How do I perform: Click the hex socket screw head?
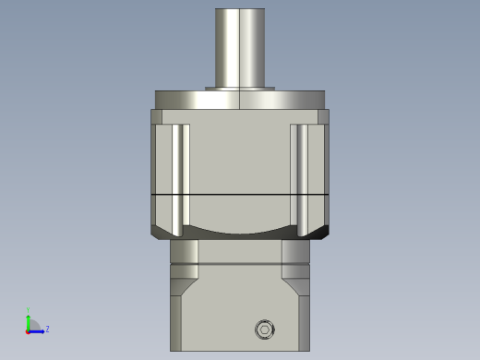click(265, 330)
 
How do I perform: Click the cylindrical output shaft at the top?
click(240, 46)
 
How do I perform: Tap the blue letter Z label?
click(47, 329)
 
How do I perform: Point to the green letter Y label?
click(28, 310)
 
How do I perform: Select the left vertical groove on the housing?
click(180, 175)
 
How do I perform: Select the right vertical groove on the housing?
click(299, 175)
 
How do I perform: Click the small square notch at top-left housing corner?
click(156, 116)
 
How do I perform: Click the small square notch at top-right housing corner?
click(323, 116)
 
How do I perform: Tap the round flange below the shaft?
click(240, 100)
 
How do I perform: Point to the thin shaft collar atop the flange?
click(240, 89)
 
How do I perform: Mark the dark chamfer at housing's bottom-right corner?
click(319, 233)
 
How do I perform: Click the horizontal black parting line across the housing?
click(240, 195)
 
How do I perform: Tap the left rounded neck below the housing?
click(183, 251)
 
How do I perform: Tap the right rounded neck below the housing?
click(296, 251)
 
